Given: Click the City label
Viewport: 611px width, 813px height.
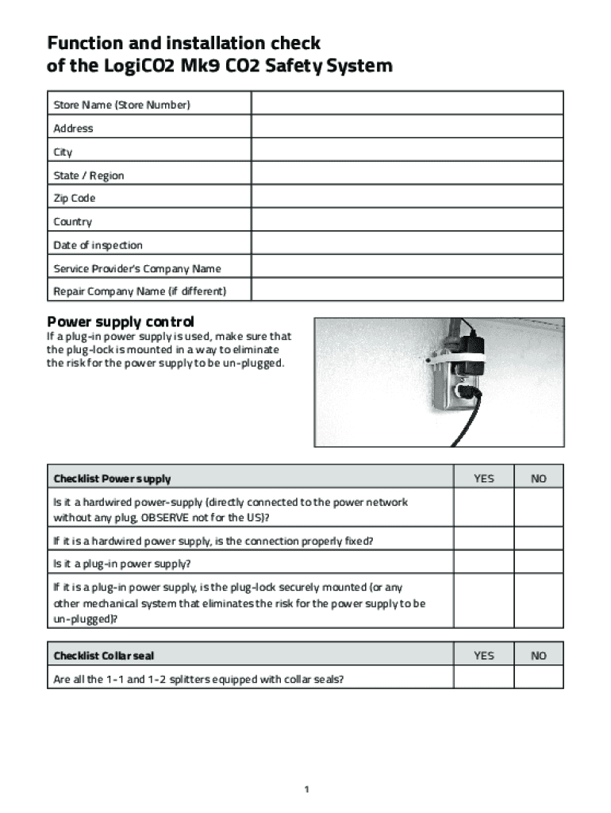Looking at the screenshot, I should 63,152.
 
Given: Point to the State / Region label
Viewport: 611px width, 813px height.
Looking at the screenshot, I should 89,175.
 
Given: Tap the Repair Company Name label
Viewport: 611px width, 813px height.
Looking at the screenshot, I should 140,291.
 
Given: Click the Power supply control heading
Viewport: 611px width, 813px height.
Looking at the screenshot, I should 121,322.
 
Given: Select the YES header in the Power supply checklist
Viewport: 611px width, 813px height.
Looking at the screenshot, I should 483,479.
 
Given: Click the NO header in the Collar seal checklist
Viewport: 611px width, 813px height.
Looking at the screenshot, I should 539,656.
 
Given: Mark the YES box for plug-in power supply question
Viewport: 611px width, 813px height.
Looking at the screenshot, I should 483,564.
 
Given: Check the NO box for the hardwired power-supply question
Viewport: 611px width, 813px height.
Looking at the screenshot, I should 539,510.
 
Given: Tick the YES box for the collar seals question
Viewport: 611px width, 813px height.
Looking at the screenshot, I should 483,679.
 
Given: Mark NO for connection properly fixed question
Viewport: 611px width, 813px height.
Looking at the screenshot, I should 539,541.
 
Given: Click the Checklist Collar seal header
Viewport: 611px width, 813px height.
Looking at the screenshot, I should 104,656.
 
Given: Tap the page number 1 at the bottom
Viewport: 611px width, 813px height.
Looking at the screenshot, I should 305,789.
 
